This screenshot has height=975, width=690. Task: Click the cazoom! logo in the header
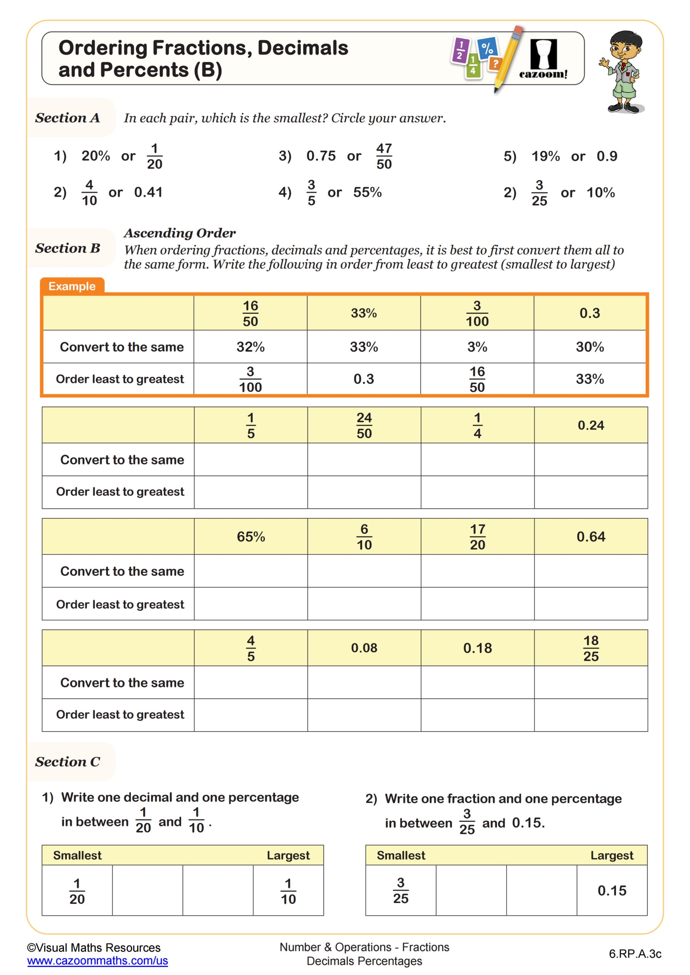[543, 59]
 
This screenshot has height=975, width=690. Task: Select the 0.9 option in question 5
[606, 156]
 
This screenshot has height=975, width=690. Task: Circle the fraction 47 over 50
[384, 156]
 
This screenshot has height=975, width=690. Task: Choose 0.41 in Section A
[148, 192]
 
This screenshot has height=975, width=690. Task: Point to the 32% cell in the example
[250, 347]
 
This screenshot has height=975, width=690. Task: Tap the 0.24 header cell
[591, 425]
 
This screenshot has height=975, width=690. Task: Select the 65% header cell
[251, 536]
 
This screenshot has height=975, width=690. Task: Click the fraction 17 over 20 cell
[477, 537]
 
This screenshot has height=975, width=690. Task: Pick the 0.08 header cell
[364, 648]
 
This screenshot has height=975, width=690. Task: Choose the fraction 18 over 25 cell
[591, 648]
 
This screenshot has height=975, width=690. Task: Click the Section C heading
[67, 762]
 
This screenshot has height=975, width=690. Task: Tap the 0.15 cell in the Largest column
[612, 890]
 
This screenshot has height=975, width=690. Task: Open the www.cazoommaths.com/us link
[97, 961]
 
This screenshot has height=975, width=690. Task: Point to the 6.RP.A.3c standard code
[635, 954]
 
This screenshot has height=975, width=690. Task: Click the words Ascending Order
[179, 233]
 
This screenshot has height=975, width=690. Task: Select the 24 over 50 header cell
[364, 425]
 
